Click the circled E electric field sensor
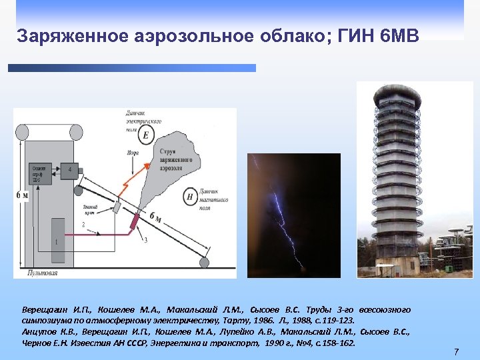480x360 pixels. (x=146, y=135)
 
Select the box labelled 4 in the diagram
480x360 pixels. (x=70, y=170)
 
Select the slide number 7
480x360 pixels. (x=456, y=351)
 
